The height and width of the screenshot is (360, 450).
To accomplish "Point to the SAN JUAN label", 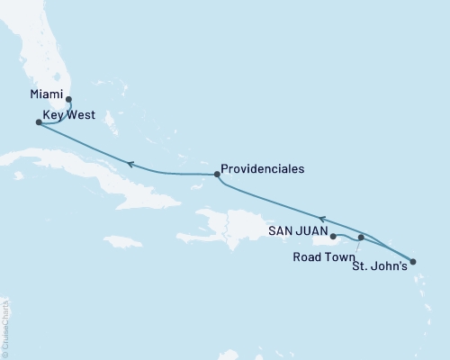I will (299, 231).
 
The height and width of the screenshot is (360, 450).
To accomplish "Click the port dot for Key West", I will (38, 122).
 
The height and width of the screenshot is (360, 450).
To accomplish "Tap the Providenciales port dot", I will (217, 175).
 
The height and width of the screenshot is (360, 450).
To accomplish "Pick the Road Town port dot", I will (361, 238).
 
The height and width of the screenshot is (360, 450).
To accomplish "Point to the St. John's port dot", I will (412, 262).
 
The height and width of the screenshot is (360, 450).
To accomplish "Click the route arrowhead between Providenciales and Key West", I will (130, 164).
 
